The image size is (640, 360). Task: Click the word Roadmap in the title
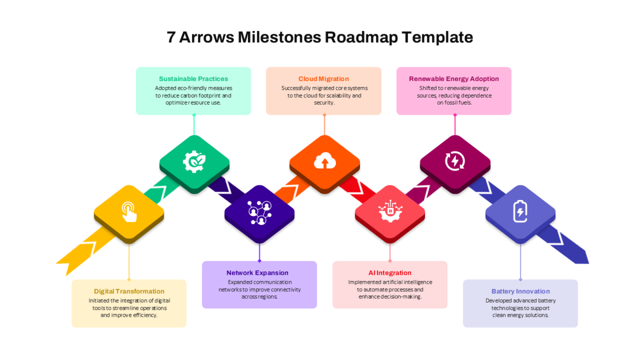pos(361,37)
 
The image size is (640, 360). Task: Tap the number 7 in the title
pos(171,37)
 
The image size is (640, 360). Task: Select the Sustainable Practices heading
pos(194,79)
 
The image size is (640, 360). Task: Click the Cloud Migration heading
pos(324,79)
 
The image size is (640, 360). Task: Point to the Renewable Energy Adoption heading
pos(454,79)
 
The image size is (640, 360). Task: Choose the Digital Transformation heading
pos(129,291)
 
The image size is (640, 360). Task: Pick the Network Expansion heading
pos(258,273)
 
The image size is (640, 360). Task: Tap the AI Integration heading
pos(390,273)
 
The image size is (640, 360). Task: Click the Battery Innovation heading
pos(521,291)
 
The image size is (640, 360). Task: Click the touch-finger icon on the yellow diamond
pos(129,212)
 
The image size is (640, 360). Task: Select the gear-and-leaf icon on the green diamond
pos(194,162)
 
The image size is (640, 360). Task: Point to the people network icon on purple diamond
pos(259,213)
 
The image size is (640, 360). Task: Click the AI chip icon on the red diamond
pos(390,211)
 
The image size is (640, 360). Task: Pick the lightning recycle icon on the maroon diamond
pos(455,161)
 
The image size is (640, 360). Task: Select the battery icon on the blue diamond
pos(521,211)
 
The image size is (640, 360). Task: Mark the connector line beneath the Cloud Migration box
pos(325,125)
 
